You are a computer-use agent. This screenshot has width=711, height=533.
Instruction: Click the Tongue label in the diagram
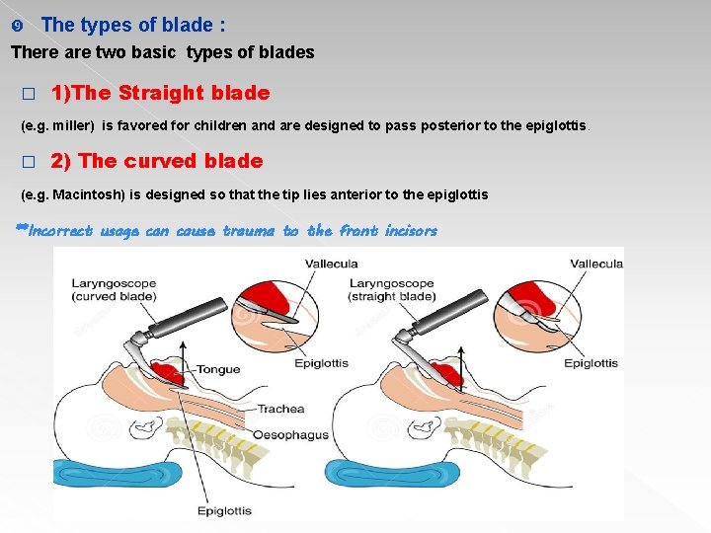click(x=218, y=369)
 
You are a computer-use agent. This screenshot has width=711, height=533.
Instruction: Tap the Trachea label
click(x=280, y=409)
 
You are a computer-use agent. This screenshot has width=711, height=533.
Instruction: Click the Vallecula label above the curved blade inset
click(x=331, y=264)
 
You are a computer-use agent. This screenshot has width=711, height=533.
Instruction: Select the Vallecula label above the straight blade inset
click(x=596, y=264)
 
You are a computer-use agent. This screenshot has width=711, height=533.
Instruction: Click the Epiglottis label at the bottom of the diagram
click(x=224, y=510)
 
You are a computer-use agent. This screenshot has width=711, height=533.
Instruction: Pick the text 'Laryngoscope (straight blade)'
click(x=391, y=290)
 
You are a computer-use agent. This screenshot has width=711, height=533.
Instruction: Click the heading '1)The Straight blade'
click(x=160, y=93)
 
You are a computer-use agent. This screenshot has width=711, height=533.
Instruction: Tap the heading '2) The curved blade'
click(x=157, y=161)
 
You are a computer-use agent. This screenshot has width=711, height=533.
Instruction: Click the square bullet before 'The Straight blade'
click(x=28, y=94)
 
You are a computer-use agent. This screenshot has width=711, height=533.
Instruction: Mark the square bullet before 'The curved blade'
click(x=28, y=162)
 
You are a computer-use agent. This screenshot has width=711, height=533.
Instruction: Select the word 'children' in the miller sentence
click(x=232, y=126)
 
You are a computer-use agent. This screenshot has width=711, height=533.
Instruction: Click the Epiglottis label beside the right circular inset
click(x=591, y=363)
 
